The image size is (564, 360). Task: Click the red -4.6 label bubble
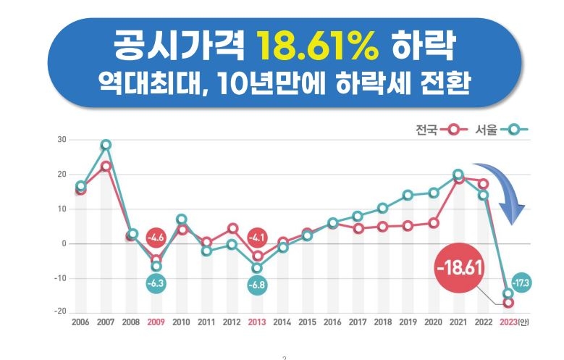click(x=157, y=237)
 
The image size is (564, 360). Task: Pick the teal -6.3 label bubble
click(x=157, y=284)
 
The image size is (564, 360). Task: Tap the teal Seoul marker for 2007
click(x=106, y=145)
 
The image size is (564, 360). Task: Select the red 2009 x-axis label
click(x=156, y=322)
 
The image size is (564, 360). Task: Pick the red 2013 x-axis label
click(x=257, y=322)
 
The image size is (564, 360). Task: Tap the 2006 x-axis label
click(x=81, y=322)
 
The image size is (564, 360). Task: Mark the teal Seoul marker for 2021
click(x=458, y=175)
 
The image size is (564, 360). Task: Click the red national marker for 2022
click(x=483, y=184)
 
